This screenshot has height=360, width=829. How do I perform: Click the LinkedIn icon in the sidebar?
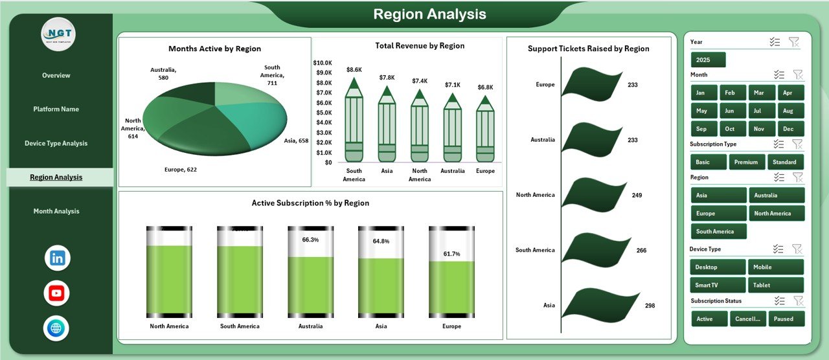57,258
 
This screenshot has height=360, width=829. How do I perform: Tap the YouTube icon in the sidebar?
57,293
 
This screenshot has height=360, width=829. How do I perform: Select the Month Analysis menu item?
56,211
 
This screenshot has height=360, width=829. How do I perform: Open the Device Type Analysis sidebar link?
56,143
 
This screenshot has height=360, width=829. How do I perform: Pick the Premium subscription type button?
747,162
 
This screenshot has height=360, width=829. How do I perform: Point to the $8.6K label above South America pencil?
354,69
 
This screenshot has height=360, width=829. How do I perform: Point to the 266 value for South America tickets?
641,250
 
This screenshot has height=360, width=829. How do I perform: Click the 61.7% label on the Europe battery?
451,254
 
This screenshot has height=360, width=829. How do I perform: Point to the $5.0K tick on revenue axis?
323,112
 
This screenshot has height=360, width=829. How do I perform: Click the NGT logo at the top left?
58,34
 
